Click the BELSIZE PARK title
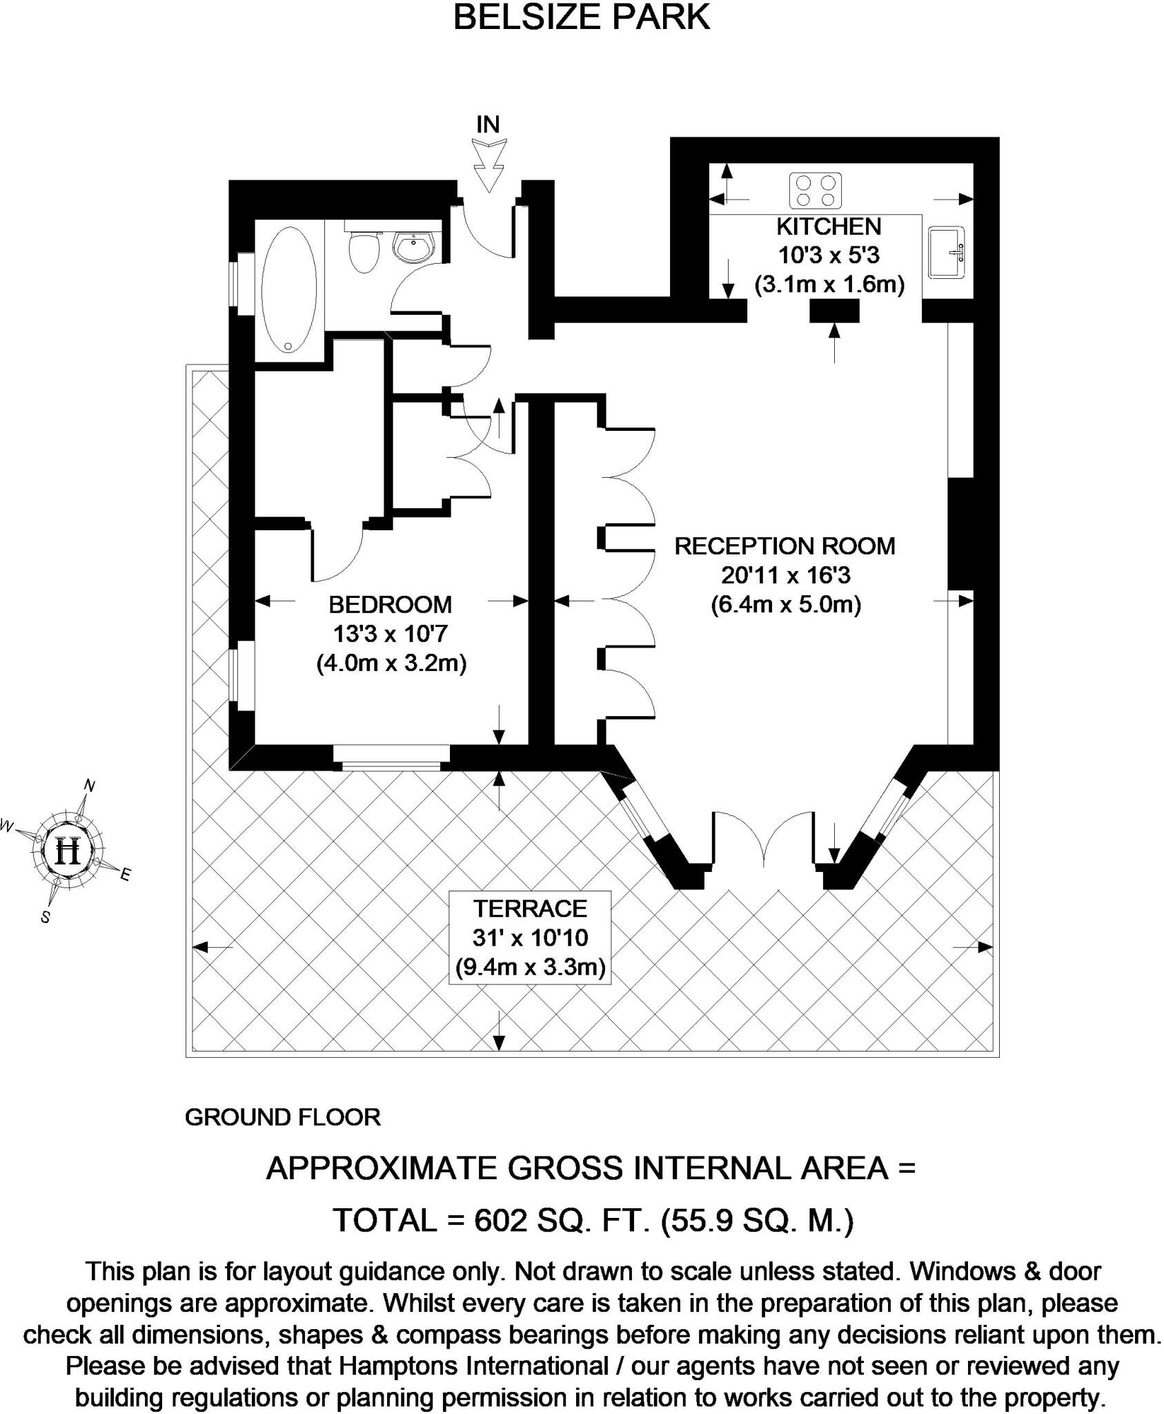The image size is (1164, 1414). pos(581,18)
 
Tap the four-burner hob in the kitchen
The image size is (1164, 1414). pos(815,191)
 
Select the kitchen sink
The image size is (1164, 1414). pos(947,253)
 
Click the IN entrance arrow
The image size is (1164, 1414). pos(489,164)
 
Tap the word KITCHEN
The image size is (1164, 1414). pos(828,226)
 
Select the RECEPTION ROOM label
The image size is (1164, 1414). pos(785,546)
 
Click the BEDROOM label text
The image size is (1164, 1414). pos(390,605)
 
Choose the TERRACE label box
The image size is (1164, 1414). pos(530,938)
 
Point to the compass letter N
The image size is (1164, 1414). pos(89,786)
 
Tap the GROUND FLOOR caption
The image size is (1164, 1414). pos(282,1117)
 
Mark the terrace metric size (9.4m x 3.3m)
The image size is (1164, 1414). pos(530,967)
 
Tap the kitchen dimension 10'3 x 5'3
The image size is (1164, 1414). pos(829,255)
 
